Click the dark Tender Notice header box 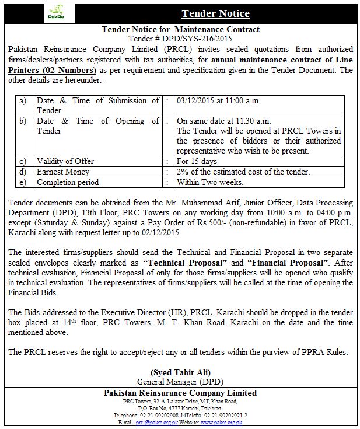coord(215,13)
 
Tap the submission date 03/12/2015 coord(196,100)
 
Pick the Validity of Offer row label coord(65,161)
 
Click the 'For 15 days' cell coord(197,161)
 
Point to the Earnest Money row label coord(63,172)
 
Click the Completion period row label coord(69,182)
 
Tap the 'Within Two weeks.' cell coord(211,182)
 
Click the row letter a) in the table coord(23,100)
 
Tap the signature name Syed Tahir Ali coord(180,371)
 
